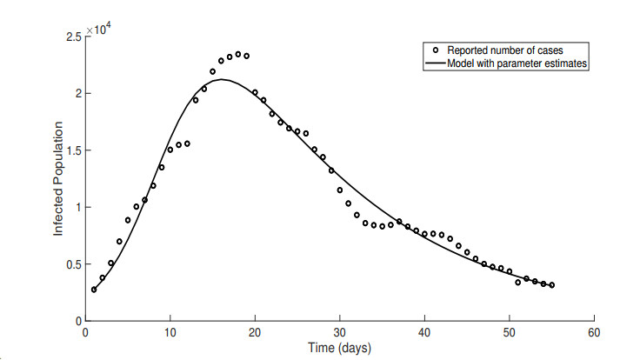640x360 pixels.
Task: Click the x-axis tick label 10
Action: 170,332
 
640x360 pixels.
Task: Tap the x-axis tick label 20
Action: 255,332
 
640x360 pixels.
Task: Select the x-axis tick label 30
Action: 339,332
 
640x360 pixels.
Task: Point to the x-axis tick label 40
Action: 424,332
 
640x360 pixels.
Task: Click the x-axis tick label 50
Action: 509,332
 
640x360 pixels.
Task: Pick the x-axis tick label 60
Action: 594,332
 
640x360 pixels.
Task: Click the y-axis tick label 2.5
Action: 72,37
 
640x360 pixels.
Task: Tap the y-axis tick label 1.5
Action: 72,150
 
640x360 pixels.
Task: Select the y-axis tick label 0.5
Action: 72,264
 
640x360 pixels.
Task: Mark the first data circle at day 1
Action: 94,290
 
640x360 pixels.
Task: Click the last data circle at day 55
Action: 551,285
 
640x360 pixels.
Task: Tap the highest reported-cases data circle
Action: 238,54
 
